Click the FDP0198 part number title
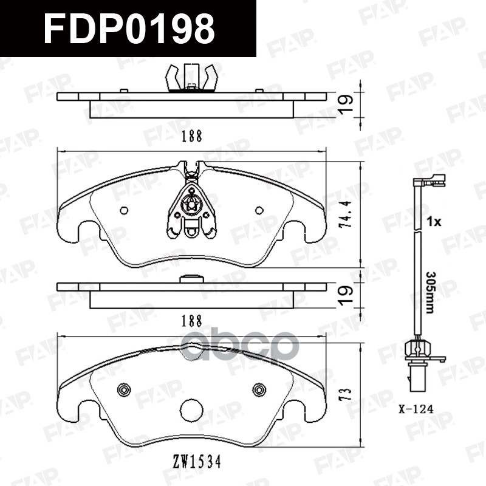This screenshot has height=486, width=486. tap(129, 29)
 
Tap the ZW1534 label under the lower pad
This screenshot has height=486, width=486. tap(197, 462)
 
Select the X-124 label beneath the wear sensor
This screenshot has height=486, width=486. tap(416, 409)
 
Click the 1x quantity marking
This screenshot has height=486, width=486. tap(433, 222)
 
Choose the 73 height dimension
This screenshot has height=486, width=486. tap(346, 394)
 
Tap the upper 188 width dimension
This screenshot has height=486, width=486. tap(191, 136)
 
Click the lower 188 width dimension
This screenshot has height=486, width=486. tap(191, 321)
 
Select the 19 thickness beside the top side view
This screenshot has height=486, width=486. tap(346, 104)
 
